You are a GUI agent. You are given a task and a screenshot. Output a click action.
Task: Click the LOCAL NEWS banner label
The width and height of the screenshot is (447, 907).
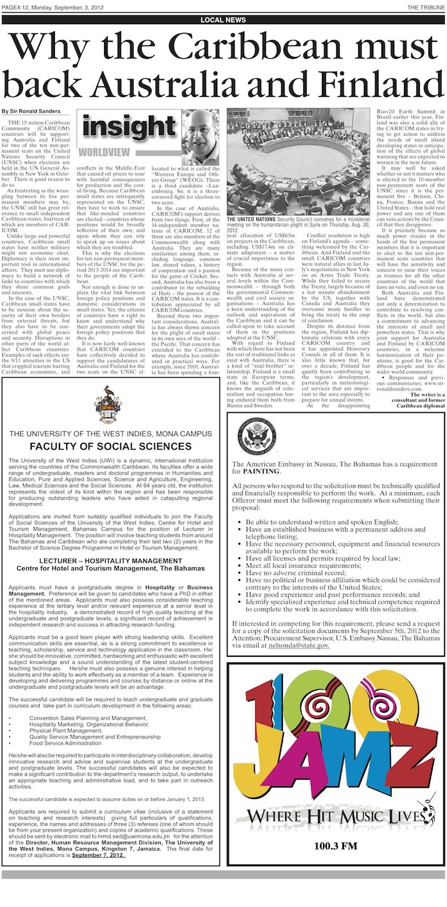click(223, 19)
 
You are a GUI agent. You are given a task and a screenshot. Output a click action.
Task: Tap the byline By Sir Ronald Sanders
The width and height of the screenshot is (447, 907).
click(39, 111)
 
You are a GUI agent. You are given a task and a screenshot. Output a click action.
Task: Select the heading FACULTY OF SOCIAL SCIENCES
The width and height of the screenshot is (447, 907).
click(110, 446)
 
